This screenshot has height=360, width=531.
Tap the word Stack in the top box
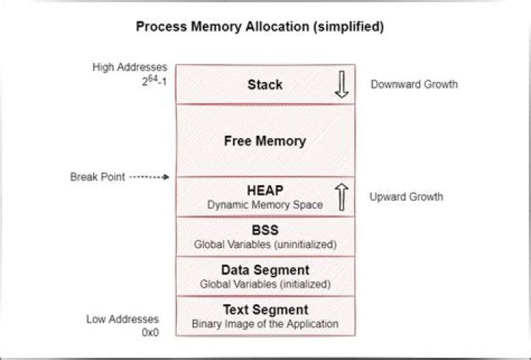coord(265,85)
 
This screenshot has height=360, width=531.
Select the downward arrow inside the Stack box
coord(341,84)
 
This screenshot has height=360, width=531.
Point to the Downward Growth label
coord(414,84)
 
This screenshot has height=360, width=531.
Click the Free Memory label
coord(265,141)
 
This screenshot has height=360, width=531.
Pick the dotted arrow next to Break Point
coord(149,177)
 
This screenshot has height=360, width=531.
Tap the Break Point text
coord(97,177)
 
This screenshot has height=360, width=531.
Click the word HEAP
coord(265,190)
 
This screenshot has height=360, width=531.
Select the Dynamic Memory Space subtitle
coord(265,205)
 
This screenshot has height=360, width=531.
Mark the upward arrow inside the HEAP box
coord(341,197)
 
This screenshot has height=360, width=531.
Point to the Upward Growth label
coord(406,197)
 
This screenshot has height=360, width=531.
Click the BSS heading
coord(265,230)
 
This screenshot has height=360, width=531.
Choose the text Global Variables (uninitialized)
coord(265,244)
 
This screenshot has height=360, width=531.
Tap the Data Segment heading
coord(265,270)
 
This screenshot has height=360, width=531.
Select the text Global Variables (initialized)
coord(265,284)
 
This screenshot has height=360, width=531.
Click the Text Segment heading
coord(265,310)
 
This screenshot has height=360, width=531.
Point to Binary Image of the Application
coord(265,324)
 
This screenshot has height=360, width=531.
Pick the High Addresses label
coord(130,67)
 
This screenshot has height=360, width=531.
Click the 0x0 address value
coord(150,333)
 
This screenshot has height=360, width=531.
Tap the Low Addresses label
coord(122,319)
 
